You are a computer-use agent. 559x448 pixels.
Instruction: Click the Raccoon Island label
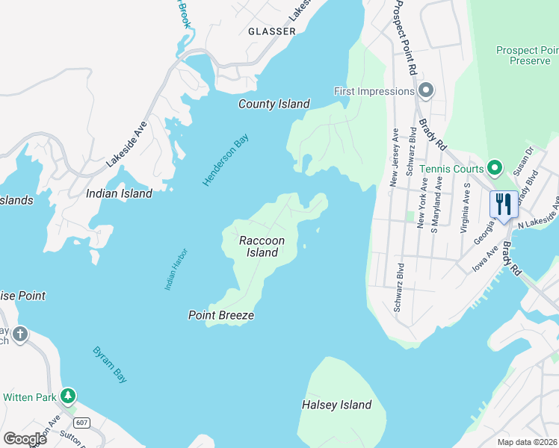pyautogui.click(x=262, y=246)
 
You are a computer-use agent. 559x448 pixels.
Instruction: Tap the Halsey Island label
pyautogui.click(x=336, y=405)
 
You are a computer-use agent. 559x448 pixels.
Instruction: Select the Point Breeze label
pyautogui.click(x=220, y=315)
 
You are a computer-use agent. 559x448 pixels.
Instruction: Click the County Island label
pyautogui.click(x=274, y=104)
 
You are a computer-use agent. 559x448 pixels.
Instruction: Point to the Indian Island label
pyautogui.click(x=119, y=193)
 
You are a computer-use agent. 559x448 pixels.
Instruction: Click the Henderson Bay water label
pyautogui.click(x=225, y=160)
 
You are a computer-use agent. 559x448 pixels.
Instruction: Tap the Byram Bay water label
pyautogui.click(x=110, y=364)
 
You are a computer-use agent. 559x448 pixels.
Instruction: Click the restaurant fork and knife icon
pyautogui.click(x=503, y=204)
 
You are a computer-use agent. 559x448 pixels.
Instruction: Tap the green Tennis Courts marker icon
pyautogui.click(x=493, y=167)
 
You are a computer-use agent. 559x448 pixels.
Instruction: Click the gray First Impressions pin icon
pyautogui.click(x=426, y=91)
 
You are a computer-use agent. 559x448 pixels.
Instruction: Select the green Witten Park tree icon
pyautogui.click(x=68, y=395)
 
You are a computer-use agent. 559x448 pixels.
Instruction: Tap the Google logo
pyautogui.click(x=25, y=438)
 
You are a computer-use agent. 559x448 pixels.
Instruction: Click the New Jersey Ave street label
pyautogui.click(x=394, y=156)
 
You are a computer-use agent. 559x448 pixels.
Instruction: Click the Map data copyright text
pyautogui.click(x=516, y=442)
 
